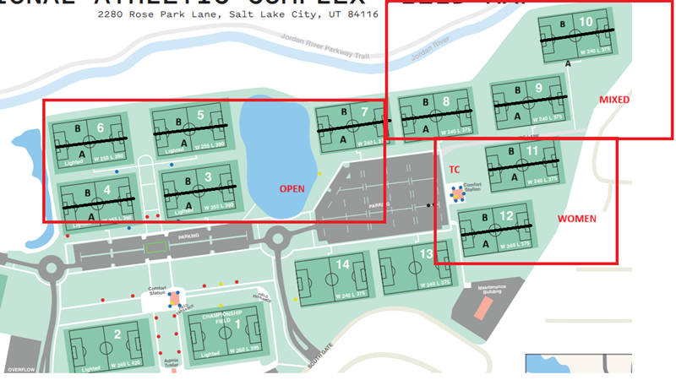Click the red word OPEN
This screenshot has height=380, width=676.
(x=292, y=189)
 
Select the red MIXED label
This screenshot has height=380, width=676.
(x=614, y=100)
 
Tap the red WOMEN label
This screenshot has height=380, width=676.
(x=576, y=219)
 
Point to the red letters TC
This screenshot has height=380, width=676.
(x=454, y=169)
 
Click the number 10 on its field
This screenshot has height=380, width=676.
(x=586, y=20)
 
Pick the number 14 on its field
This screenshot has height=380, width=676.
(x=342, y=264)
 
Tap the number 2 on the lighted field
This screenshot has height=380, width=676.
(x=117, y=334)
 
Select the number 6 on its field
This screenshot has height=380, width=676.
(x=100, y=128)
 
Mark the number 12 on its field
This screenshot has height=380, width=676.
(x=506, y=216)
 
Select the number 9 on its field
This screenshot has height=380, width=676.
(x=538, y=88)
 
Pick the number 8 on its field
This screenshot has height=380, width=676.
(x=446, y=102)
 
